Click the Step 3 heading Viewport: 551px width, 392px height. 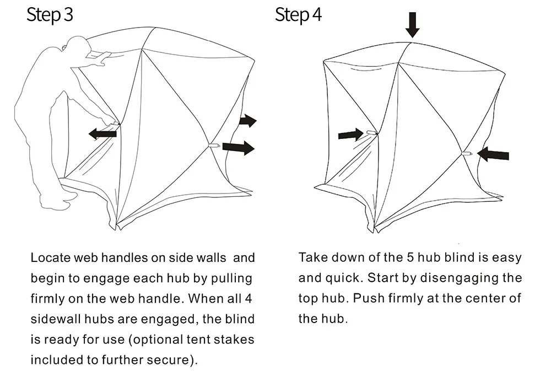(50, 15)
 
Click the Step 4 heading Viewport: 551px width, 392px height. (298, 15)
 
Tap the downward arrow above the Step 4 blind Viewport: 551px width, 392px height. (412, 25)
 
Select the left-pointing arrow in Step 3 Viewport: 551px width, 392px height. (102, 133)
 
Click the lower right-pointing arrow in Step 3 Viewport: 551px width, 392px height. (239, 147)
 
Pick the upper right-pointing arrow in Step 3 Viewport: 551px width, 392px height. (248, 121)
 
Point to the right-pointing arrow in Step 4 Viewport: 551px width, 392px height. (350, 135)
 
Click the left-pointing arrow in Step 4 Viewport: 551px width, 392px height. (493, 154)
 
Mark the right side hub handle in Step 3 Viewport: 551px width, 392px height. (214, 145)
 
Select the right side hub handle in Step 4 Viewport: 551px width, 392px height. (466, 154)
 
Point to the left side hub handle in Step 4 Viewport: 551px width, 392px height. (372, 132)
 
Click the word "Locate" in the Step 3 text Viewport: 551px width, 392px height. (50, 257)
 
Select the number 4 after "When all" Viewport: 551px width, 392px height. (249, 298)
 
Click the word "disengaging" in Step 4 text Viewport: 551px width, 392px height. (460, 278)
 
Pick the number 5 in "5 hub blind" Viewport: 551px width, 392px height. (410, 257)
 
